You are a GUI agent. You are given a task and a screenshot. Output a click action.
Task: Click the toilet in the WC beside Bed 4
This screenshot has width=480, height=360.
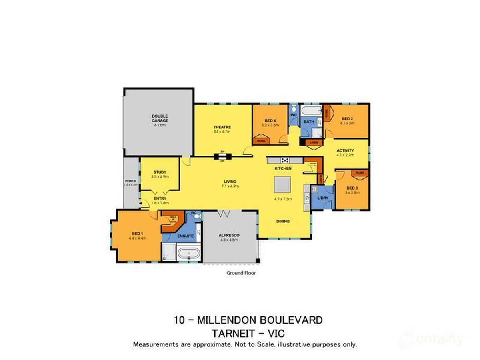(294, 108)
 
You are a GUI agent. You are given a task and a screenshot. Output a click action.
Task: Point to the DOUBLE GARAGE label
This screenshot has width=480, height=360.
(160, 118)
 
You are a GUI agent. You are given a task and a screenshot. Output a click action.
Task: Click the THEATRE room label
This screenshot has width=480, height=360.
(222, 127)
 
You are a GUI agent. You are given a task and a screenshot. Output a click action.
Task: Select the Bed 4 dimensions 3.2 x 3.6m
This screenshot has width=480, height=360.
(270, 125)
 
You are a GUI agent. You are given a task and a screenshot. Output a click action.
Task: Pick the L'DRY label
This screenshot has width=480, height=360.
(322, 198)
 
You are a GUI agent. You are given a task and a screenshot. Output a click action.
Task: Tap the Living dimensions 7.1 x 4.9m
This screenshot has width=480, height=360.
(230, 186)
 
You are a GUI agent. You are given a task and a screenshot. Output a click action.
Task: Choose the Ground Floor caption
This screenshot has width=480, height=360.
(241, 273)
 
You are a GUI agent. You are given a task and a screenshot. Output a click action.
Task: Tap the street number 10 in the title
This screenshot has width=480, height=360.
(179, 320)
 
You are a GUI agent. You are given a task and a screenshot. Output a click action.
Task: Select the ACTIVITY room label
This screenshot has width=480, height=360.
(345, 150)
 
